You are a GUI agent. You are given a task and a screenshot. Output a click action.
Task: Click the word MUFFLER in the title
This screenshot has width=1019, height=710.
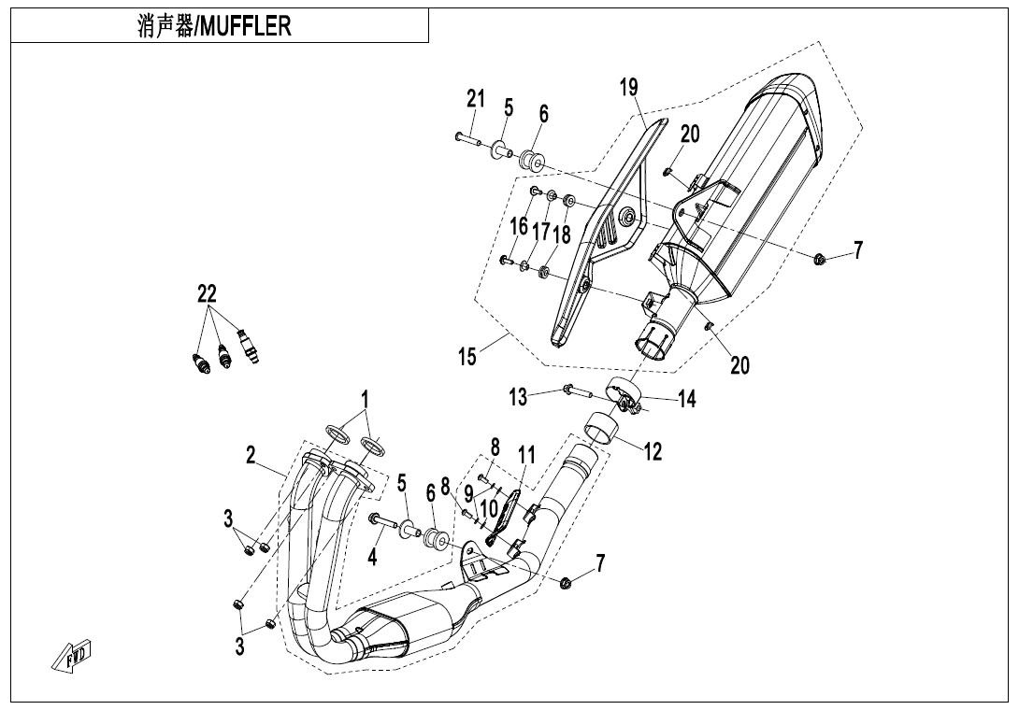[x=246, y=26]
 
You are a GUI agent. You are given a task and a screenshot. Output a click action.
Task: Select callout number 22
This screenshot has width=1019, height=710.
[x=208, y=294]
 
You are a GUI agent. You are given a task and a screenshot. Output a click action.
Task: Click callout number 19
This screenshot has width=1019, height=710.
[x=628, y=87]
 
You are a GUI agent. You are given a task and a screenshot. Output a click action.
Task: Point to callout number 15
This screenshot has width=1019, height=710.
[x=467, y=357]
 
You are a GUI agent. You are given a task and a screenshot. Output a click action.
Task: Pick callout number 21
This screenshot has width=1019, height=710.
[x=476, y=99]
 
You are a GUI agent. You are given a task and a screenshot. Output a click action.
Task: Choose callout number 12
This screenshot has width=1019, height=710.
[x=653, y=451]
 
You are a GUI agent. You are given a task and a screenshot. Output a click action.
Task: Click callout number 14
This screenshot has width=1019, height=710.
[x=687, y=399]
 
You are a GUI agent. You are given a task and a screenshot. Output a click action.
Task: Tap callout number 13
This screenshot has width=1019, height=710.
[x=518, y=397]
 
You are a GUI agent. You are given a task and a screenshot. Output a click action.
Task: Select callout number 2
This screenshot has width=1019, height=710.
[x=251, y=456]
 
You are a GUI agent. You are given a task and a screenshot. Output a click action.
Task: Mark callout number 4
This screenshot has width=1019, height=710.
[x=372, y=557]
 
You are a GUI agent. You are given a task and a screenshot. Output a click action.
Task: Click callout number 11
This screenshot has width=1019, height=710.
[x=525, y=455]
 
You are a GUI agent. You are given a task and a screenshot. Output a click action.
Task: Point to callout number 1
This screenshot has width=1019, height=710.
[x=366, y=398]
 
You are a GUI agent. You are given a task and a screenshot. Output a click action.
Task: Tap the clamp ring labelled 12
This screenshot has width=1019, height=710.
[x=601, y=432]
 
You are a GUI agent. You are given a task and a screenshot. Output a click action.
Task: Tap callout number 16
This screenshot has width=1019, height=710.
[x=519, y=227]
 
